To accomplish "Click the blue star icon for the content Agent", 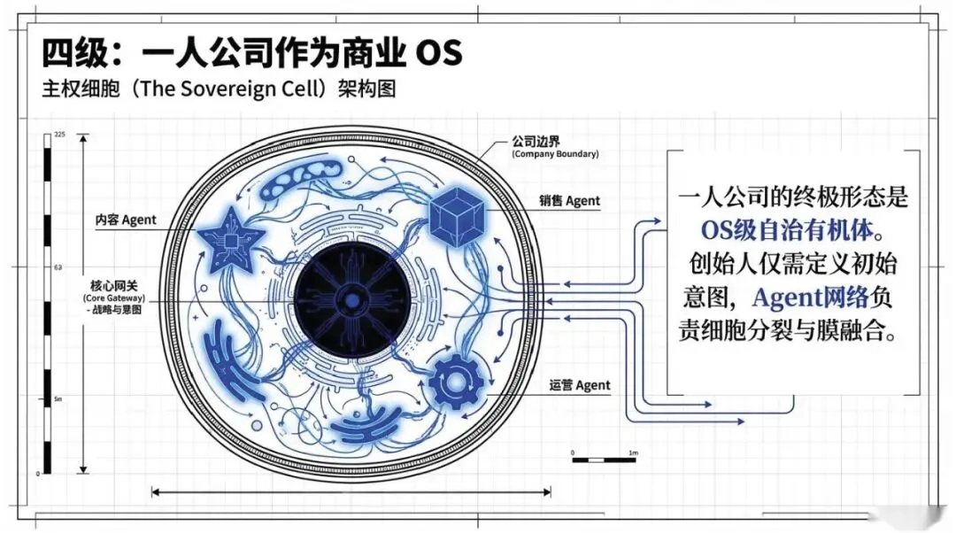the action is pos(230,236).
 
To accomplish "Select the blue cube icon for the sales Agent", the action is pos(459,217).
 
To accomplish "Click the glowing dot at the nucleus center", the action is pos(352,302).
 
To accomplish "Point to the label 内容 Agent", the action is pos(127,220).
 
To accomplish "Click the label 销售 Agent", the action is pos(570,201).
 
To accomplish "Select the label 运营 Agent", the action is pos(580,385).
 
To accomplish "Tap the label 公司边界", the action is pos(536,141).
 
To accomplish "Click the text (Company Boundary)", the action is pos(555,154).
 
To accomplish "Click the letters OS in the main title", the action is pos(439,53).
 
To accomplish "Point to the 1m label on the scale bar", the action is pos(633,452).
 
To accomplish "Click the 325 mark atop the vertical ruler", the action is pos(60,134).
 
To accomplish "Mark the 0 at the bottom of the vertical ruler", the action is pos(38,475).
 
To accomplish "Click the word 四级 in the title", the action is pos(71,53).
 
